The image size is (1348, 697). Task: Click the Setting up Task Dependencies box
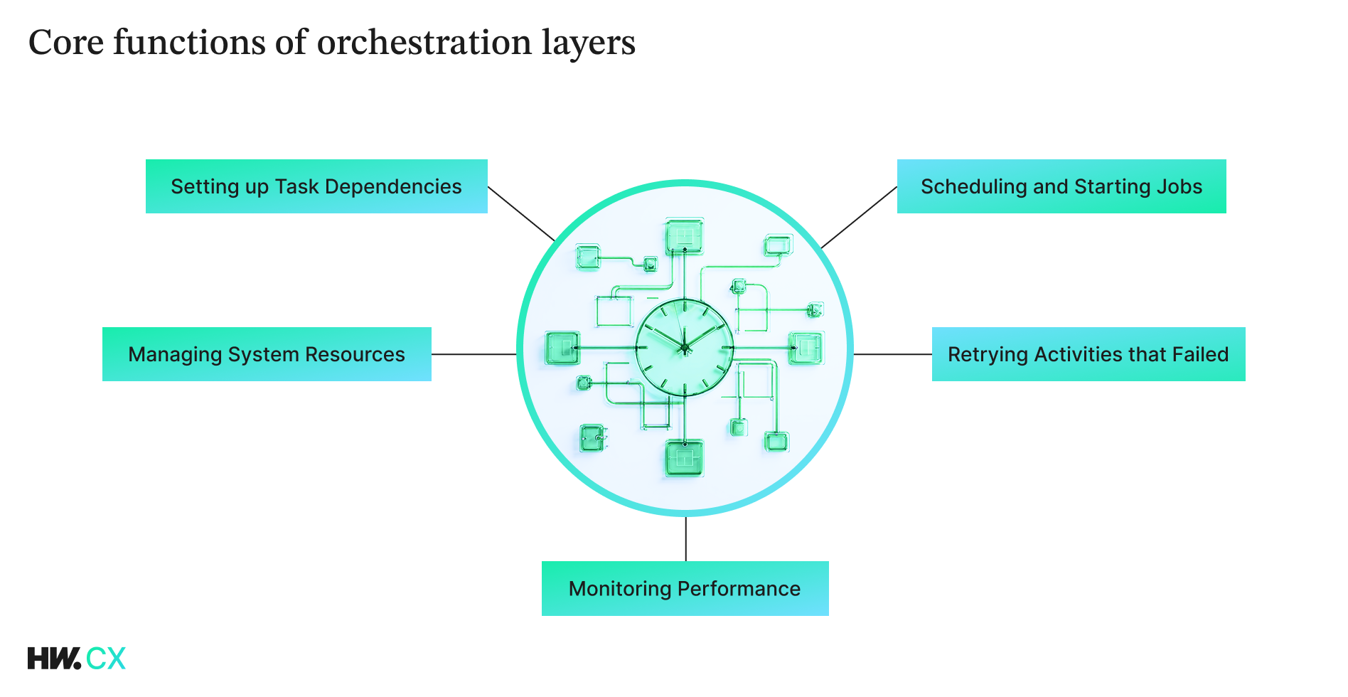(316, 186)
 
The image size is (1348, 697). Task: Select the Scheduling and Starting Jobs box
(1061, 186)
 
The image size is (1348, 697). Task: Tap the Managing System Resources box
(267, 354)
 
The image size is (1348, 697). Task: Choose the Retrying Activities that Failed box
(1088, 354)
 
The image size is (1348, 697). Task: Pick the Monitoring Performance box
(685, 588)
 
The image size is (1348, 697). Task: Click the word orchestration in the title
(424, 43)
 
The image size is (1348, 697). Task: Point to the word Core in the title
(66, 43)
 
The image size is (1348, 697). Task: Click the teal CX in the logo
(106, 659)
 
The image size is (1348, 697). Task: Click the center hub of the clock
(685, 348)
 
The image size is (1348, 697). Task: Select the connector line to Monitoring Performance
(685, 539)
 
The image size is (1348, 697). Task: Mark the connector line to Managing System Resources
(474, 354)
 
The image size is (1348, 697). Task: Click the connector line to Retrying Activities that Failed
(892, 354)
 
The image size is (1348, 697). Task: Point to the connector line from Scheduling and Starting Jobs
(859, 218)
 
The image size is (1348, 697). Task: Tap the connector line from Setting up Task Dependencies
(521, 214)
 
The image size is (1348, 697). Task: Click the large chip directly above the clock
(684, 236)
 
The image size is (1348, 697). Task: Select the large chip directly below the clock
(684, 457)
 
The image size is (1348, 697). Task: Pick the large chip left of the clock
(562, 348)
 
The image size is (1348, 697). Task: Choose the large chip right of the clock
(806, 348)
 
